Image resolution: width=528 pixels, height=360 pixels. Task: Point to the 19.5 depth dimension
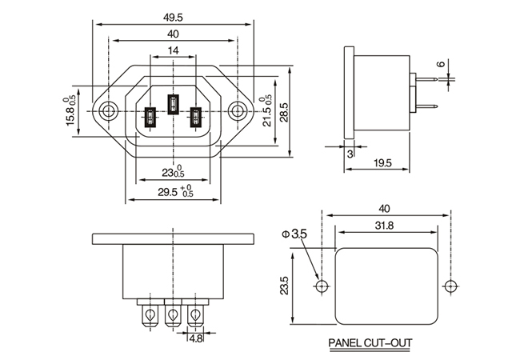[x=382, y=163]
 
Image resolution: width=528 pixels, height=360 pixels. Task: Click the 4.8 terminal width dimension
[x=195, y=338]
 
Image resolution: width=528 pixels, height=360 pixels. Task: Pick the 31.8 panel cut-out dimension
[x=384, y=226]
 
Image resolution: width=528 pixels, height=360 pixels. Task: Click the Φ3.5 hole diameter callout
[x=294, y=234]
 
